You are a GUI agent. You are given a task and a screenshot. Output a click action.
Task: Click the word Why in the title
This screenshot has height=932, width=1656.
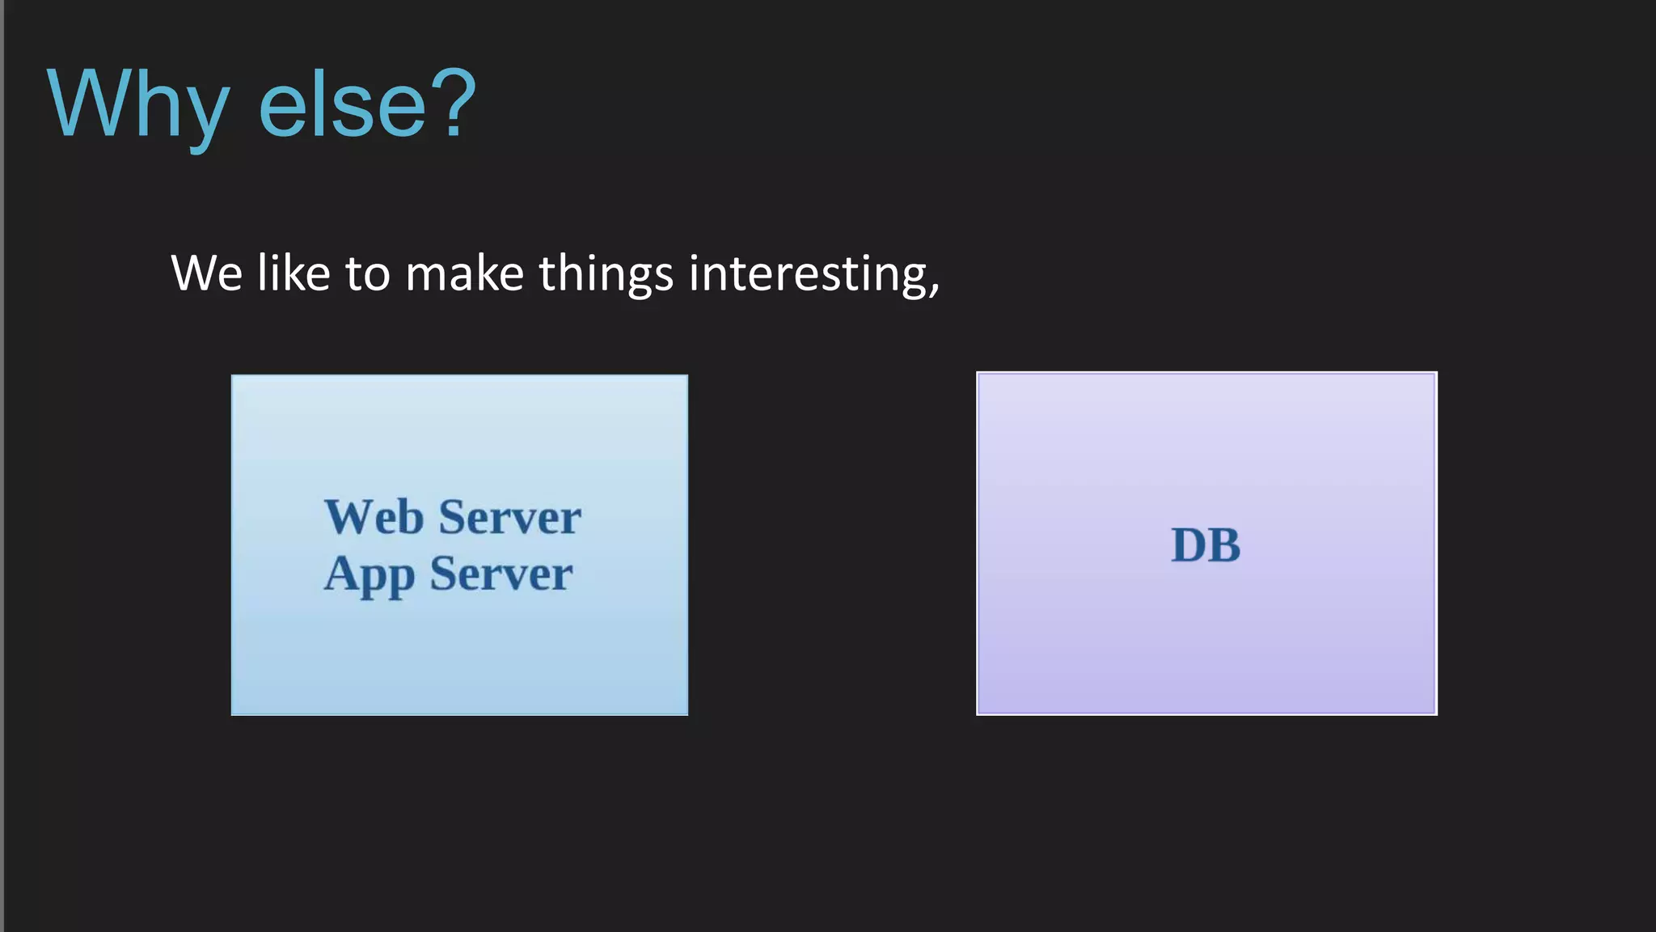(x=137, y=105)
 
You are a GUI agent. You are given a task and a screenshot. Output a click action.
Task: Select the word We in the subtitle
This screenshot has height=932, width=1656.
(x=206, y=273)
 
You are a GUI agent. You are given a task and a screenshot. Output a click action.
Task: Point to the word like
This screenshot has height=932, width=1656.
(x=294, y=273)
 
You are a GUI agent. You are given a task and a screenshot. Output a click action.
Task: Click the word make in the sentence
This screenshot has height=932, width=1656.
(x=464, y=273)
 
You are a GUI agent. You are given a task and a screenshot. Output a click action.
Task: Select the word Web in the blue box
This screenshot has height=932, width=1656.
(x=374, y=518)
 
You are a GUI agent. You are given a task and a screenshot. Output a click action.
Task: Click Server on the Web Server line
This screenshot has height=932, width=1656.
(x=509, y=518)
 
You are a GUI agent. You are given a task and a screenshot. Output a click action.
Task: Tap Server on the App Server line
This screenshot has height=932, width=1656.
(x=501, y=574)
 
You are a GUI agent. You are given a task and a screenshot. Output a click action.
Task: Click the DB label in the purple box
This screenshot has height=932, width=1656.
(x=1206, y=545)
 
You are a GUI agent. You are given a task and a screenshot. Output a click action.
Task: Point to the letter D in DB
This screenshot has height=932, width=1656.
(x=1189, y=545)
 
